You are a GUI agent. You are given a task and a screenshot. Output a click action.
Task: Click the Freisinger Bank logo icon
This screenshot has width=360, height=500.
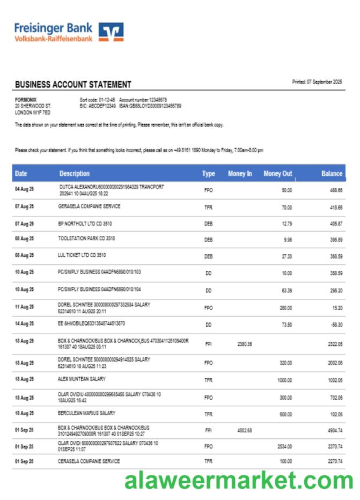(112, 32)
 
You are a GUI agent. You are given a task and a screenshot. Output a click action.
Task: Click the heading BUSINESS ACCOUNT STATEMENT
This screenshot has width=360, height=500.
(73, 85)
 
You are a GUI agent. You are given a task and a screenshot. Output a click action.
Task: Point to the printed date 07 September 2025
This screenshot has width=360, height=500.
(317, 82)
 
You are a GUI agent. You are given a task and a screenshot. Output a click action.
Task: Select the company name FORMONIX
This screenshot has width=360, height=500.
(26, 99)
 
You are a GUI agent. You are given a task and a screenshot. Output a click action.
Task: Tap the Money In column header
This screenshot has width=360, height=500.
(240, 174)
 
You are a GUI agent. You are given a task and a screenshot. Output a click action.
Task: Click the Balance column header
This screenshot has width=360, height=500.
(332, 174)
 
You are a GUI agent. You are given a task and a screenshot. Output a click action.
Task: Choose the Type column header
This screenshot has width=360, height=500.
(208, 174)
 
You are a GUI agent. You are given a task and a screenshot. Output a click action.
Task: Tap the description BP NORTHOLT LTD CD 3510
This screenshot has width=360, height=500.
(85, 223)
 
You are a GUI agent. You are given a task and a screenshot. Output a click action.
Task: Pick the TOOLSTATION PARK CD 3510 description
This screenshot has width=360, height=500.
(86, 238)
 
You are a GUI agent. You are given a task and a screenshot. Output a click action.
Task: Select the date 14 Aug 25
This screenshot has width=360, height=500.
(24, 323)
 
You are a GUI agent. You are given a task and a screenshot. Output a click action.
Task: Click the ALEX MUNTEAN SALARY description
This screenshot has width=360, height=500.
(82, 379)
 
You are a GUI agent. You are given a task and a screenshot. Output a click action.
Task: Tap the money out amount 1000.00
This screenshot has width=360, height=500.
(284, 380)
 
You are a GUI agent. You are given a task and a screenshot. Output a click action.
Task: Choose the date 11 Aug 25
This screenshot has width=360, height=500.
(24, 307)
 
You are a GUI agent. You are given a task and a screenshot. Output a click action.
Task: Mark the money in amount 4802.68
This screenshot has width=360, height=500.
(244, 430)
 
